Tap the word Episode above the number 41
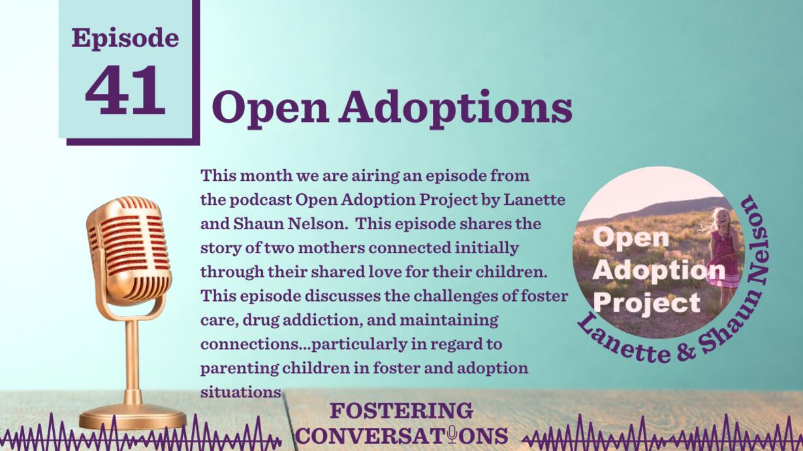click(x=125, y=38)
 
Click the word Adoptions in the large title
click(x=456, y=108)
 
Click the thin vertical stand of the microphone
click(x=133, y=362)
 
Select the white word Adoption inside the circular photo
click(x=659, y=271)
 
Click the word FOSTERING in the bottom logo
click(x=401, y=411)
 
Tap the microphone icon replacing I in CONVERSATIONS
click(x=452, y=435)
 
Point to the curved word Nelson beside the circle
click(x=757, y=241)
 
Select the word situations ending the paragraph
click(x=240, y=392)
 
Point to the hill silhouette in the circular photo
click(x=656, y=210)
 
